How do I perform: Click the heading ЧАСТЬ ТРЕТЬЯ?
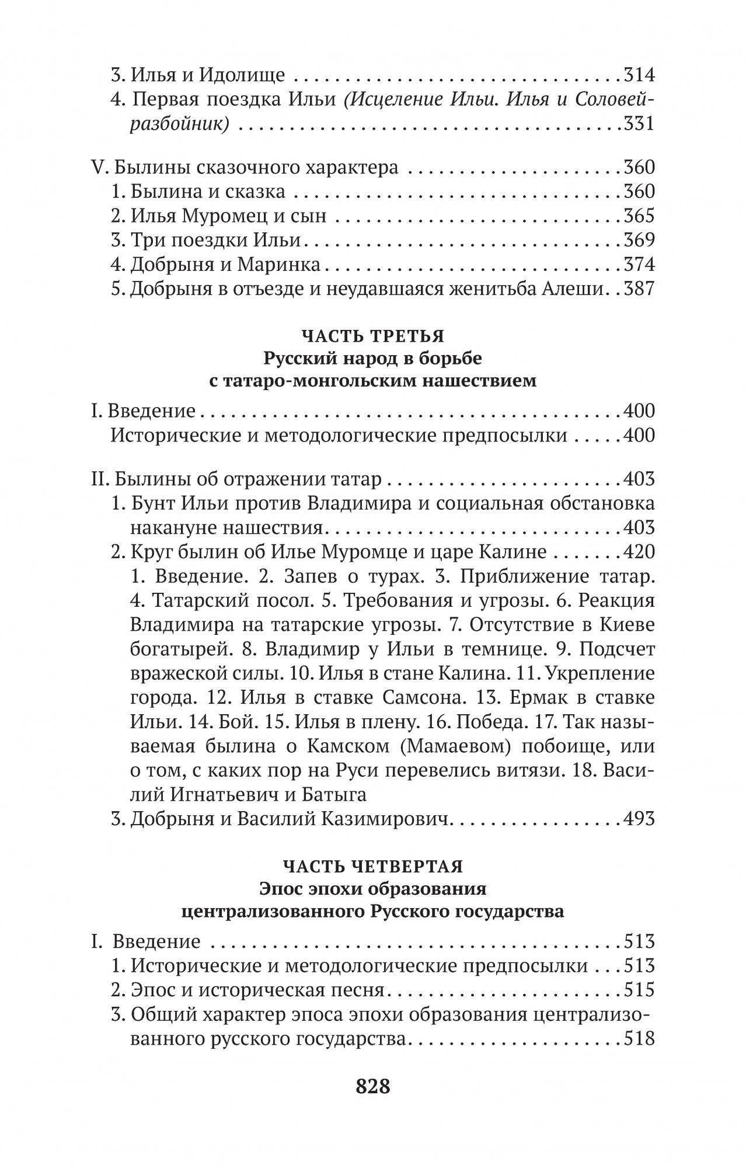coord(372,336)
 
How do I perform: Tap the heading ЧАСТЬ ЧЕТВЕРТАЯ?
coord(372,865)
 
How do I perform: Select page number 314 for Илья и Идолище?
coord(639,75)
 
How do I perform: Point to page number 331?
coord(639,124)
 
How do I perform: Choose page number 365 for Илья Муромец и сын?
coord(639,216)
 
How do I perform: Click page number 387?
coord(639,289)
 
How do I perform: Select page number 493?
coord(639,819)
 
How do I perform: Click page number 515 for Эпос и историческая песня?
coord(639,990)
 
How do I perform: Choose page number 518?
coord(639,1039)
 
